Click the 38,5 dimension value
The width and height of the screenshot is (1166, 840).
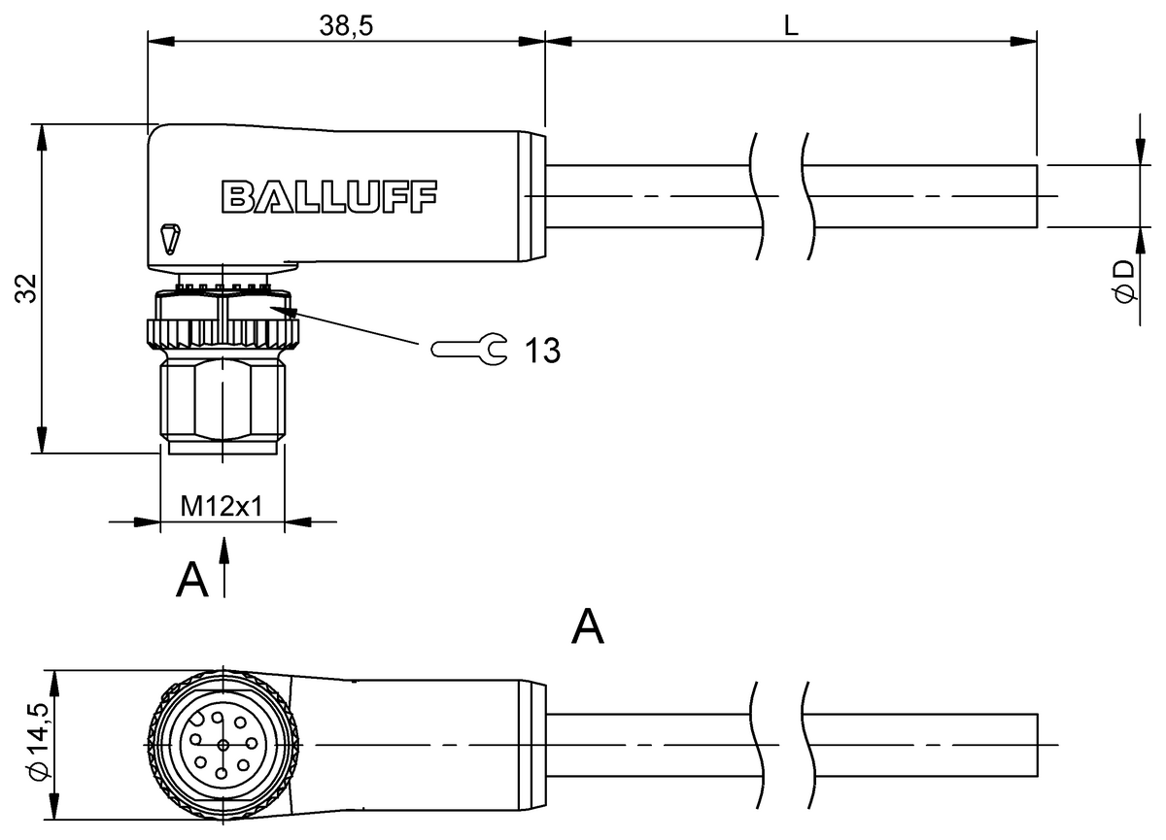click(x=345, y=26)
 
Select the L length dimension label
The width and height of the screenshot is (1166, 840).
click(x=791, y=26)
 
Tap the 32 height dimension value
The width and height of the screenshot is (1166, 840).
click(x=26, y=288)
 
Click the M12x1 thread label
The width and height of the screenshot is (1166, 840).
click(x=222, y=507)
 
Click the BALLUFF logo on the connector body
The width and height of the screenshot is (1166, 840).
click(x=329, y=196)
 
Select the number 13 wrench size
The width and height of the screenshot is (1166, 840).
click(x=542, y=351)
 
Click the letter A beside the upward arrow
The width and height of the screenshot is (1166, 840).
click(x=192, y=581)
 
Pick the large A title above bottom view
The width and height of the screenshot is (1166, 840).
click(x=588, y=628)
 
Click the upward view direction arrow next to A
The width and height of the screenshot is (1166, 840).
click(x=224, y=568)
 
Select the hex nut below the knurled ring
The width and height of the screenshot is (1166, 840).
click(x=223, y=398)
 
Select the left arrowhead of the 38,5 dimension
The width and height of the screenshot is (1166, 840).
click(x=158, y=42)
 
